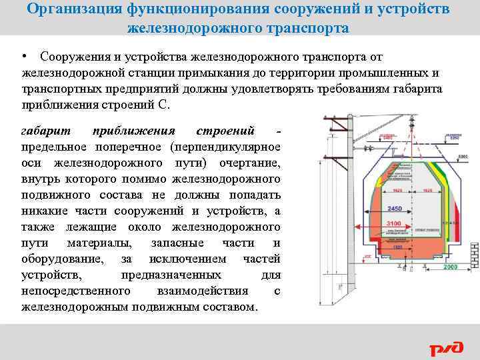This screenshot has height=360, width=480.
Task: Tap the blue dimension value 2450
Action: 395,208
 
